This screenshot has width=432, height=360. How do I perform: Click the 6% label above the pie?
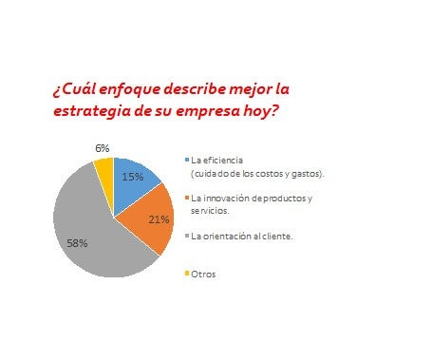103,147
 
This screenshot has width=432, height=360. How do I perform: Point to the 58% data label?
77,243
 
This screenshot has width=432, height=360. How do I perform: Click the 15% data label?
133,177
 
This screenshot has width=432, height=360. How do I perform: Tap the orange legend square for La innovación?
187,198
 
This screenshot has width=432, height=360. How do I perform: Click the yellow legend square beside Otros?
187,274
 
